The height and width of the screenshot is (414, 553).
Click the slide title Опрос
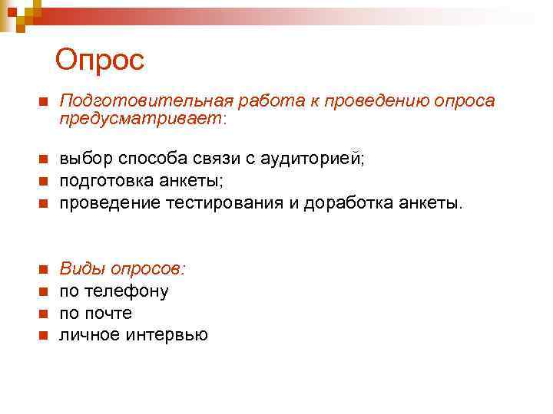(x=99, y=60)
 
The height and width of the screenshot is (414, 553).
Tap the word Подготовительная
(x=145, y=100)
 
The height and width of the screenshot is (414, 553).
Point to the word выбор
(x=85, y=159)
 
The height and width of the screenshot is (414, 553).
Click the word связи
(x=219, y=159)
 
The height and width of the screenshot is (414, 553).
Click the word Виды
(x=82, y=269)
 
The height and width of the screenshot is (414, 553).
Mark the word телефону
(x=127, y=291)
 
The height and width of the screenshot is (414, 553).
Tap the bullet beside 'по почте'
(x=43, y=314)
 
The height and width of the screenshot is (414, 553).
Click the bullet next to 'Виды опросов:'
(x=43, y=270)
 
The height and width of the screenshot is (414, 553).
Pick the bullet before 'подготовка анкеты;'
(x=43, y=181)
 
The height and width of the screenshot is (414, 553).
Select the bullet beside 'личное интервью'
(x=43, y=336)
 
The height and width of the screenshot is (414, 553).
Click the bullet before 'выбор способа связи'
(x=43, y=159)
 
